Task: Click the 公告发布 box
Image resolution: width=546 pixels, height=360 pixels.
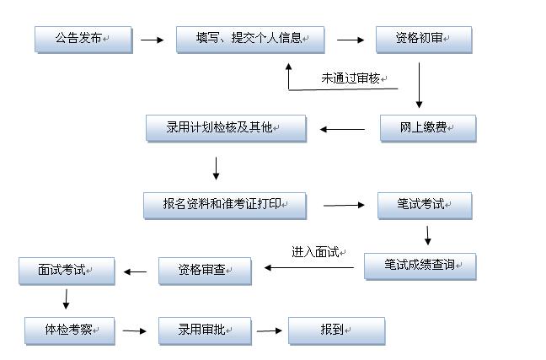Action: [x=83, y=39]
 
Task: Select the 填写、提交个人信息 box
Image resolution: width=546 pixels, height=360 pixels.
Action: [x=250, y=39]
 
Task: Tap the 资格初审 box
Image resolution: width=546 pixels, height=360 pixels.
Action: [x=423, y=39]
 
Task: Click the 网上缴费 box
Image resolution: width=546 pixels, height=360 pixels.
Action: [x=426, y=128]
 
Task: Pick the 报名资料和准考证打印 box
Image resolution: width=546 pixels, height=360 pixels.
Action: [x=224, y=205]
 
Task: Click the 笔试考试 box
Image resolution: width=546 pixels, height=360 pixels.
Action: [x=423, y=205]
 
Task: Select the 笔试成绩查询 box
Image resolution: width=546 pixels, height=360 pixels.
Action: [x=420, y=266]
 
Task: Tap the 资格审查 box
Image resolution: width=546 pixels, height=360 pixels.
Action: [x=205, y=271]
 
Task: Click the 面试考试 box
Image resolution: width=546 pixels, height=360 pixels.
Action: [x=67, y=271]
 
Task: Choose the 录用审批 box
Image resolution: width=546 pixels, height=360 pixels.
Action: [x=205, y=330]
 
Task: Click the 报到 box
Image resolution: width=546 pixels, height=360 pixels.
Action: [x=336, y=330]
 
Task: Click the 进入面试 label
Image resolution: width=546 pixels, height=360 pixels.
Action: [x=317, y=251]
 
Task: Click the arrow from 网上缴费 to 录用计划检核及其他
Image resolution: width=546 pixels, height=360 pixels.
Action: [x=342, y=130]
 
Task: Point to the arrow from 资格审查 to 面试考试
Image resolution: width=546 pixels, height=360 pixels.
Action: [x=136, y=271]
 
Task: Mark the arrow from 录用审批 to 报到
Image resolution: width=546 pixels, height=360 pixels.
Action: [x=270, y=330]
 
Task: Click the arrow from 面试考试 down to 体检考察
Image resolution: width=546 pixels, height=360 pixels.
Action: [x=66, y=299]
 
